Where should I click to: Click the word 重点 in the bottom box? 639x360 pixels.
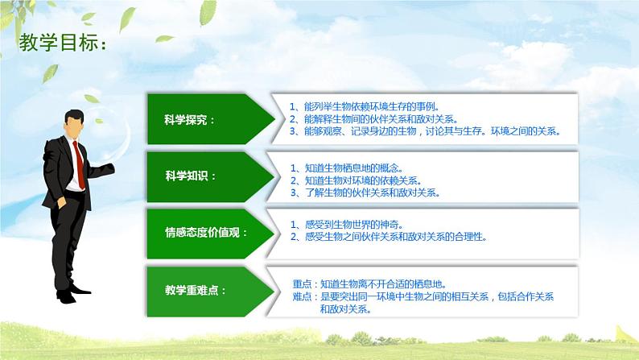pos(304,284)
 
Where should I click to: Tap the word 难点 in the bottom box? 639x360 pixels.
pos(304,296)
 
